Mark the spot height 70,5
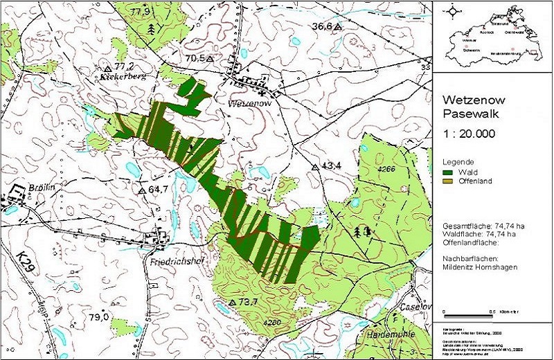coord(197,59)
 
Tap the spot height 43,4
coord(330,166)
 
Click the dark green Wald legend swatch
coord(448,172)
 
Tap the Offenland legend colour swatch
coord(448,181)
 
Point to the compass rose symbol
coord(454,11)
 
